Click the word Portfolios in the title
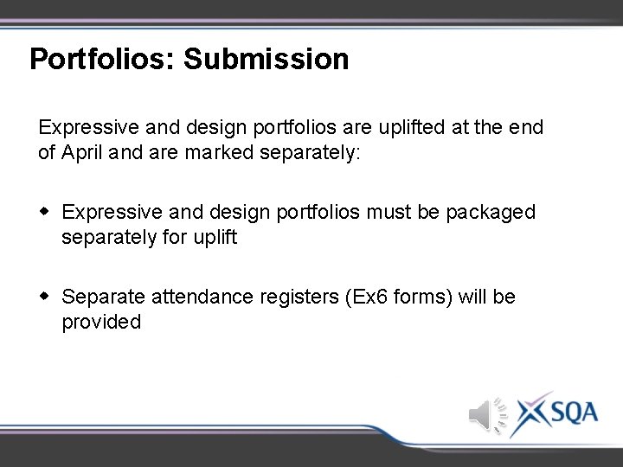[x=102, y=59]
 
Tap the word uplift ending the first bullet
[x=212, y=236]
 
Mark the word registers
[x=298, y=297]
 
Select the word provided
[x=100, y=322]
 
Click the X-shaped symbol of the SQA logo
[x=529, y=413]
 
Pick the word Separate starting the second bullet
[x=104, y=297]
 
